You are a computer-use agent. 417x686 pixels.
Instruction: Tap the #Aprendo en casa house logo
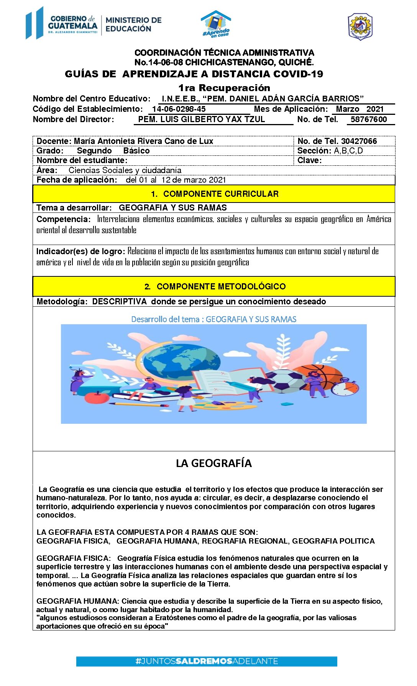pos(216,24)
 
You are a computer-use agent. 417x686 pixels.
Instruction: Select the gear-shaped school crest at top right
pos(360,26)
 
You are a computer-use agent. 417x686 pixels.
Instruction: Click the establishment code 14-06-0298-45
pos(179,109)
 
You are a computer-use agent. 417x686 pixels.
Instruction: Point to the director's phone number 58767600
pos(369,119)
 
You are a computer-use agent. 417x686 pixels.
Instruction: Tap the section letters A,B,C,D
pos(348,151)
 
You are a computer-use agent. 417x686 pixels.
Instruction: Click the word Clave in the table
pos(309,160)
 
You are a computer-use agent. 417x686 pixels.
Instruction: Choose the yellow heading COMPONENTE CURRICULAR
pos(221,194)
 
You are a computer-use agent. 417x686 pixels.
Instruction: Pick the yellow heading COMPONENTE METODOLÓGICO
pos(221,287)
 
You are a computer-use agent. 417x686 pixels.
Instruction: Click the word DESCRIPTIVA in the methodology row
pos(119,302)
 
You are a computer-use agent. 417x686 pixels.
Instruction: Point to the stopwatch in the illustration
pos(345,387)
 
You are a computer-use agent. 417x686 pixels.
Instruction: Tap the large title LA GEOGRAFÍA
pos(214,464)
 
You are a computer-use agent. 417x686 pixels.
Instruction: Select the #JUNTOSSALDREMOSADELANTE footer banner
pos(207,661)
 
